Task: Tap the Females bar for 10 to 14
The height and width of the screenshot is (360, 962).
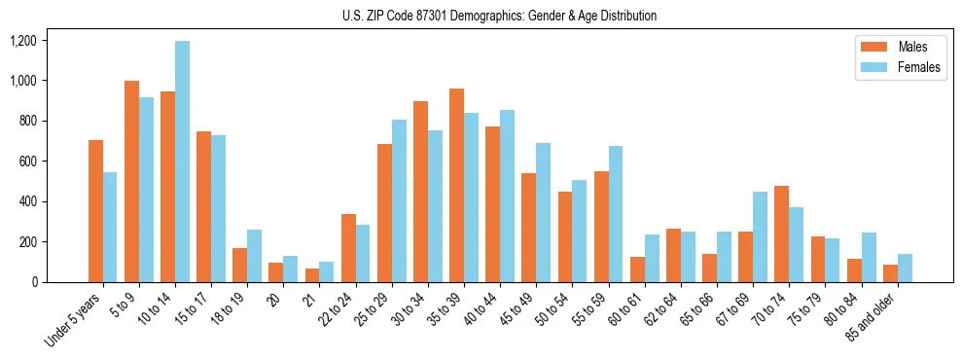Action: (182, 162)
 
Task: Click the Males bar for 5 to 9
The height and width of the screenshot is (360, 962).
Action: (131, 181)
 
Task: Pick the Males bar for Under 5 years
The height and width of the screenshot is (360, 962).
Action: (95, 211)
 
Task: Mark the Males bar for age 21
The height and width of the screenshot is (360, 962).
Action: (312, 275)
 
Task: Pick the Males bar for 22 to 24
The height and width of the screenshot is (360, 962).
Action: (348, 248)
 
